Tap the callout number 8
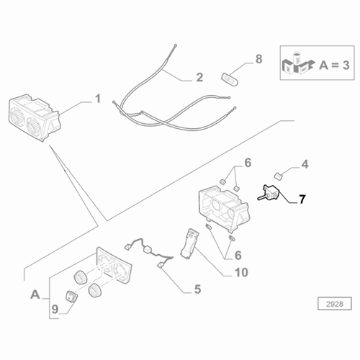pos(250,58)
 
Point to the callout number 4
pos(305,165)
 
